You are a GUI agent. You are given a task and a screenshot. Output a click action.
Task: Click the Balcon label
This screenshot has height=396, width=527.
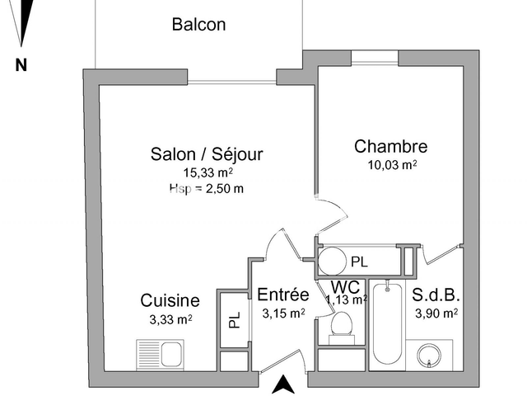(198, 25)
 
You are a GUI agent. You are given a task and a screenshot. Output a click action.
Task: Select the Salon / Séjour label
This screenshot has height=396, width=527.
(207, 154)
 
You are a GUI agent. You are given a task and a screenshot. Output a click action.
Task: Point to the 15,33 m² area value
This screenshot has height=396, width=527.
(208, 172)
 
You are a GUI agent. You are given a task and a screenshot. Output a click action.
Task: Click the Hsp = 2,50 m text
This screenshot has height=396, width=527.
(207, 188)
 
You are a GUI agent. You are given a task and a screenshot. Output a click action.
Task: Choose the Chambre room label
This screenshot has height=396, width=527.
(391, 147)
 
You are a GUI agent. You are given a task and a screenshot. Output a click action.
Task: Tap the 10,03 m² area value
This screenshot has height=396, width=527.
(392, 164)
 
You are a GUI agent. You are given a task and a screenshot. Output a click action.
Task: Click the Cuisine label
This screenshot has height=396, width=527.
(170, 300)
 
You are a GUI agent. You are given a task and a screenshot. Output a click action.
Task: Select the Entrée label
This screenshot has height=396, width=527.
(282, 295)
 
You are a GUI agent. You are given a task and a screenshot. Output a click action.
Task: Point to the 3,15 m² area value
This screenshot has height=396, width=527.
(283, 313)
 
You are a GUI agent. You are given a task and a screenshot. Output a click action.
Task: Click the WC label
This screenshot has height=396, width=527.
(346, 287)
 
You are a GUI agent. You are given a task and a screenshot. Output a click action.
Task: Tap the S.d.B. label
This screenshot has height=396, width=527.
(436, 295)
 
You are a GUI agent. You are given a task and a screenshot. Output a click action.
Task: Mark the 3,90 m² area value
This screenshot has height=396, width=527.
(436, 313)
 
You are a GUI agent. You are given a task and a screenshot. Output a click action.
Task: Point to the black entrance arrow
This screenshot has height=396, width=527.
(283, 384)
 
